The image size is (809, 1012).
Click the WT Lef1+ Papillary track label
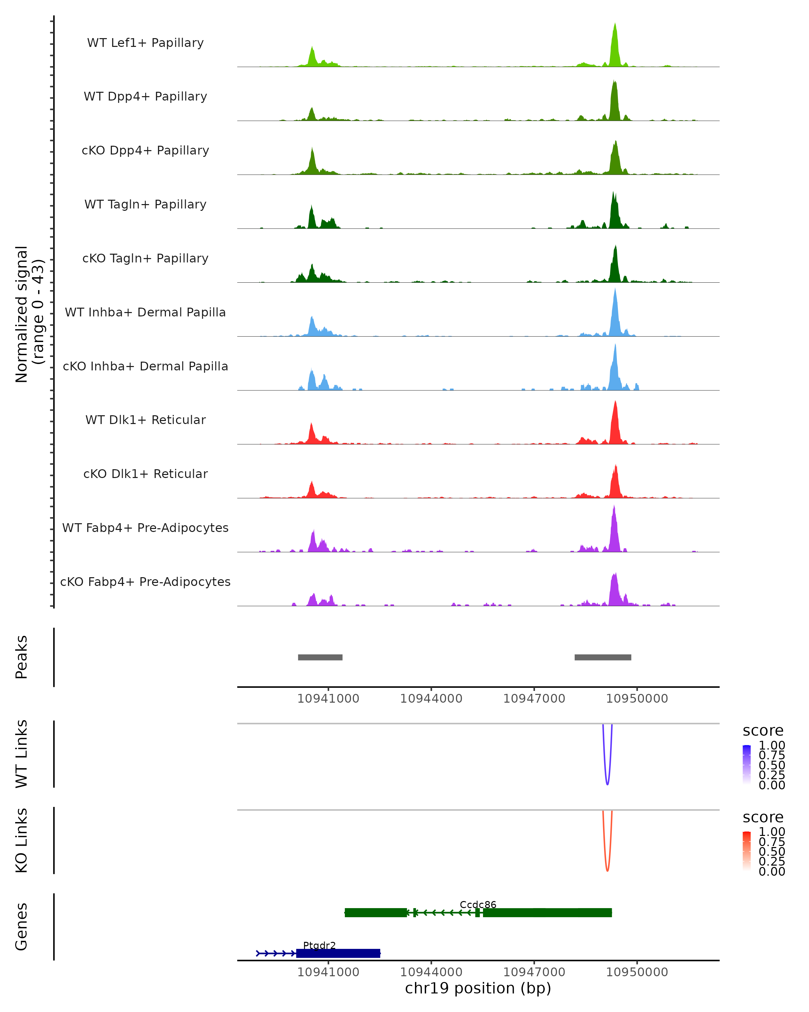click(145, 43)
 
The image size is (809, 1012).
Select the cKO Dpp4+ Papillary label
click(145, 151)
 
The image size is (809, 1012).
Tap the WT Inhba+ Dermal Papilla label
click(145, 313)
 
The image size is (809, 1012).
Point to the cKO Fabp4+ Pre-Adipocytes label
click(145, 582)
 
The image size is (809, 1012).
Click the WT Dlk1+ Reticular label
click(145, 420)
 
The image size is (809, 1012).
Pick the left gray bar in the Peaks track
click(320, 657)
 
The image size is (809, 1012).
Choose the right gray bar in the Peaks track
click(603, 657)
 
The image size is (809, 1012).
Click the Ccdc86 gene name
click(478, 904)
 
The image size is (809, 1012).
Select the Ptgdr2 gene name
click(319, 945)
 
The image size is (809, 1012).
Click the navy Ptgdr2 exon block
click(338, 953)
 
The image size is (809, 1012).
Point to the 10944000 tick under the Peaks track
click(431, 699)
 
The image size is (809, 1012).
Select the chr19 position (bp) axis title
click(478, 988)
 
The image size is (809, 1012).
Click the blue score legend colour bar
click(747, 765)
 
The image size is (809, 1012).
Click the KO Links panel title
click(22, 841)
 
